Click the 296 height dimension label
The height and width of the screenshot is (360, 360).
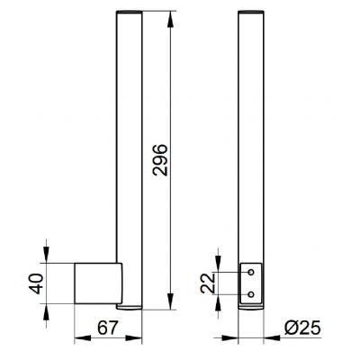point(160,160)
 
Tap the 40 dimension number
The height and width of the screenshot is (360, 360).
point(37,283)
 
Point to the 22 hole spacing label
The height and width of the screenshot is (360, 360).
point(208,283)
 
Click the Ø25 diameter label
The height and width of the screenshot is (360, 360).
point(302,328)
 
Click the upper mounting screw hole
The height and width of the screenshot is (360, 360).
point(251,272)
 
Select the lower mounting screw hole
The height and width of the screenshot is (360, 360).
point(251,294)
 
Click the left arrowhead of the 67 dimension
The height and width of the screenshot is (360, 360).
point(83,338)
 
